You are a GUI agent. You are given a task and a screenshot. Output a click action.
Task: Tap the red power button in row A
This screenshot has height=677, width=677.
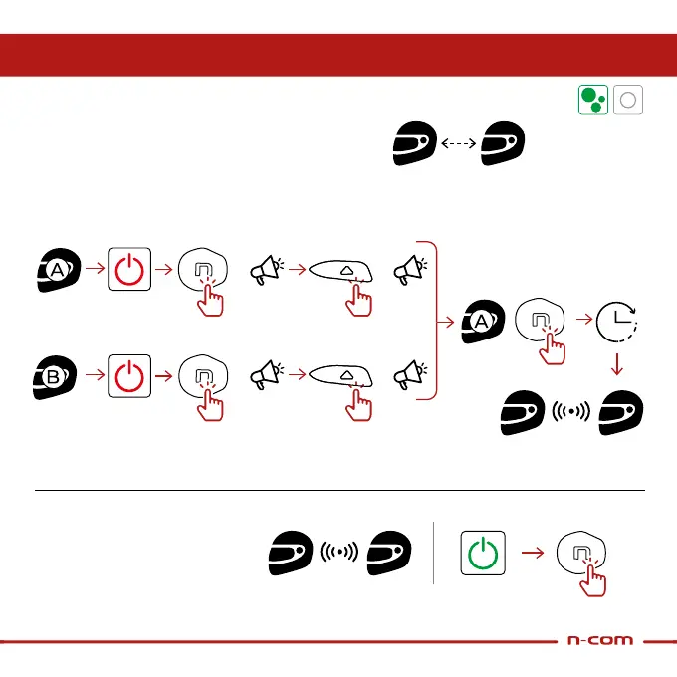pyautogui.click(x=129, y=269)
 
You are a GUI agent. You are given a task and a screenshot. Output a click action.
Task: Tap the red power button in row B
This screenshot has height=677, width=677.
pyautogui.click(x=129, y=379)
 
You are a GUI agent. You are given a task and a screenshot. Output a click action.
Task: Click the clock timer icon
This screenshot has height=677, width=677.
pyautogui.click(x=616, y=321)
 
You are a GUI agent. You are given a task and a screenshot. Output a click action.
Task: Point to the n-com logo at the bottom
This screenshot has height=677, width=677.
pyautogui.click(x=599, y=640)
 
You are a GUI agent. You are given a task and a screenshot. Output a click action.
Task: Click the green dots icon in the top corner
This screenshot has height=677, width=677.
pyautogui.click(x=593, y=100)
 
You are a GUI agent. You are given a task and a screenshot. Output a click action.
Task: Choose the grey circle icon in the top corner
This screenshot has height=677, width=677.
pyautogui.click(x=628, y=100)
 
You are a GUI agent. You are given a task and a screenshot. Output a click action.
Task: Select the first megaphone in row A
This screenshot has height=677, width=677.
pyautogui.click(x=266, y=269)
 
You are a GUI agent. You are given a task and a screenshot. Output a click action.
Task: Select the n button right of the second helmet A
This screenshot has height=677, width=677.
pyautogui.click(x=540, y=322)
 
